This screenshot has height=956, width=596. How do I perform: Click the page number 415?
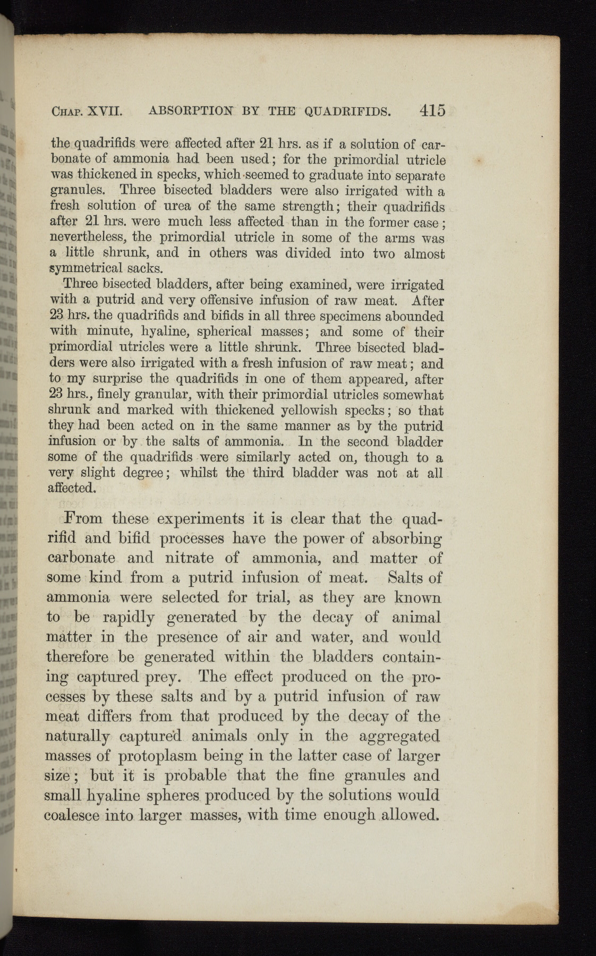point(431,110)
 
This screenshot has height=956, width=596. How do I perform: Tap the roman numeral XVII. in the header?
point(105,112)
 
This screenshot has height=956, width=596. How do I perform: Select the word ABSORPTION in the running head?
point(191,111)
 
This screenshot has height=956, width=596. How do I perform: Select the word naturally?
point(78,737)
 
